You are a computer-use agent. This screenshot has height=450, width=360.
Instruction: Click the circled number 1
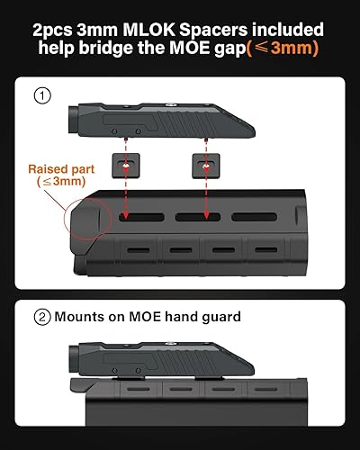(42, 95)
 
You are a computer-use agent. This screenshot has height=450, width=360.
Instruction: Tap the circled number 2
(42, 317)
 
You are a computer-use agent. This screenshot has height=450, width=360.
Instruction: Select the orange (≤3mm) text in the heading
(283, 49)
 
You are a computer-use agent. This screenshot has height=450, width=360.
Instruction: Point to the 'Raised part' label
(61, 169)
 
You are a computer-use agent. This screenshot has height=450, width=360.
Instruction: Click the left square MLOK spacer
(126, 166)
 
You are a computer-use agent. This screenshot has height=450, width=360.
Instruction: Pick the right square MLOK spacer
(206, 166)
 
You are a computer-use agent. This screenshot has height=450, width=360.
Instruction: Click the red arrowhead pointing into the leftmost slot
(126, 215)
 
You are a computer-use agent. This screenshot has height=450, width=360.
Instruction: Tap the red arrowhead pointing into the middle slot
(206, 215)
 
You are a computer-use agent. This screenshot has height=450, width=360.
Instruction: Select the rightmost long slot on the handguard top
(254, 217)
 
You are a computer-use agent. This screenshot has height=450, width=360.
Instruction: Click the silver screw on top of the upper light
(171, 104)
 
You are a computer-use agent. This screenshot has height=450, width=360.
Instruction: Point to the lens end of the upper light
(74, 120)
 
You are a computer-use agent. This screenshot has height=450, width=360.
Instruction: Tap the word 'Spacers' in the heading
(213, 31)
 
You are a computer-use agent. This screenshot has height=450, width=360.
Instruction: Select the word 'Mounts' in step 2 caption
(79, 317)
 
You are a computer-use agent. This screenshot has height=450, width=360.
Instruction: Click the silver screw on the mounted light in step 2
(170, 344)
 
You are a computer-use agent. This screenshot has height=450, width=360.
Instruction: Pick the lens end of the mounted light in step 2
(74, 359)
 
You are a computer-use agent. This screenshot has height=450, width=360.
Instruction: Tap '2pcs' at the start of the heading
(52, 31)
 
